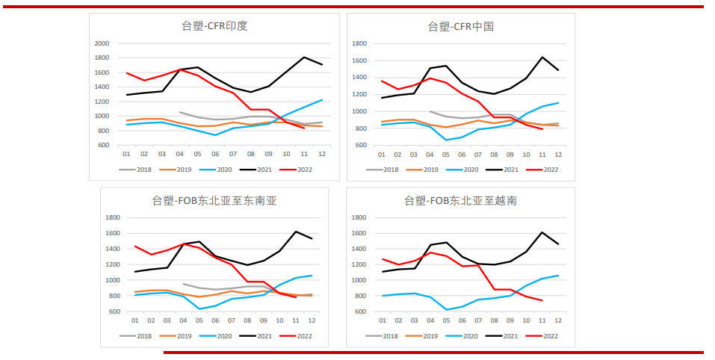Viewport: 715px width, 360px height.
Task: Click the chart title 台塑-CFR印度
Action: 214,25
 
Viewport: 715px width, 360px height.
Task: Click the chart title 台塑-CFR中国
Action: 461,26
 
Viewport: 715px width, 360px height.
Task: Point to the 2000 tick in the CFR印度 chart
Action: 102,43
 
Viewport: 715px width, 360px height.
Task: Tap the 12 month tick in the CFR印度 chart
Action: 321,154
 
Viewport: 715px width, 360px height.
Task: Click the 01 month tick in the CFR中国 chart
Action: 381,154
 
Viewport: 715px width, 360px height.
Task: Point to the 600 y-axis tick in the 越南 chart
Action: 359,312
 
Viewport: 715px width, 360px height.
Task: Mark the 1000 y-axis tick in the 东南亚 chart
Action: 114,280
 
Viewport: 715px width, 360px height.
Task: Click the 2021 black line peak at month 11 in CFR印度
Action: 304,58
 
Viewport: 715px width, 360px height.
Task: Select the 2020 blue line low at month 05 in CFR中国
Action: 445,140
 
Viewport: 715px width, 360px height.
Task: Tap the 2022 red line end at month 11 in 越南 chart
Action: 541,300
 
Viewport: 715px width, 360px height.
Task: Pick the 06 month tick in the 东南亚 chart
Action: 216,320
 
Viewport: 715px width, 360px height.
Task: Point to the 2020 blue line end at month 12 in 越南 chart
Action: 558,276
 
